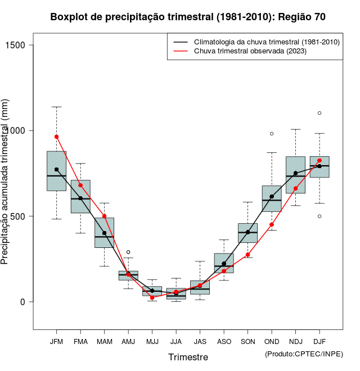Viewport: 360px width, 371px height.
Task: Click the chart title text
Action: tap(188, 17)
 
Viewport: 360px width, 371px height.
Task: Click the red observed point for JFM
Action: tap(56, 137)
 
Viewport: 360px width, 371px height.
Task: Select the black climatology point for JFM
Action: tap(56, 169)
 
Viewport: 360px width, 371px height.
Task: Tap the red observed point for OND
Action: tap(272, 224)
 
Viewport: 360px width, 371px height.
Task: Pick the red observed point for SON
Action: tap(247, 255)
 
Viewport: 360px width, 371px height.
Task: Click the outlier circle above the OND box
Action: tap(272, 134)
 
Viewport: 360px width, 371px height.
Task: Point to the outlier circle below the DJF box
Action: tap(319, 216)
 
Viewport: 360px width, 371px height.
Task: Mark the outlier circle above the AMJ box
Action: tap(128, 252)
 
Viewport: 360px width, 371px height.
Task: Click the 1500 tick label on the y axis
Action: tap(23, 45)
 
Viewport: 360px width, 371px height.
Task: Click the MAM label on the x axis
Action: tap(104, 341)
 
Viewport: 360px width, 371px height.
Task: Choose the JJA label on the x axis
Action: tap(176, 341)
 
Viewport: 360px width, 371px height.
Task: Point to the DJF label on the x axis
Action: tap(319, 341)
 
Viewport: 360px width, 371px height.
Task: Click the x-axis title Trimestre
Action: tap(188, 357)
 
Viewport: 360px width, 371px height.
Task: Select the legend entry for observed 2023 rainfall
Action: tap(251, 51)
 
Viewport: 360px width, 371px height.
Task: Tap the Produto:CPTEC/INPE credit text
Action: tap(304, 354)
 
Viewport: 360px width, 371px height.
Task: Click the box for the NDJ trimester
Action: tap(295, 175)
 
